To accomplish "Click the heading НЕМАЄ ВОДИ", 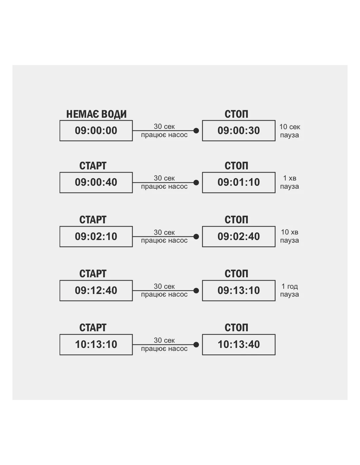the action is coord(96,114).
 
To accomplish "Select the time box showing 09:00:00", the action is coord(96,130).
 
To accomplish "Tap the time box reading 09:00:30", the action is coord(239,130).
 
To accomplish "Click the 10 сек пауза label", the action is coord(290,131).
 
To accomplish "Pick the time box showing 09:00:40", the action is coord(96,182).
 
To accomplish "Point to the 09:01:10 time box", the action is coord(239,182).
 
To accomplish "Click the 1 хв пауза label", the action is coord(290,182).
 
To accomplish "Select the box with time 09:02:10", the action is coord(96,236).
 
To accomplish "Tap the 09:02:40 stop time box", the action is coord(239,236).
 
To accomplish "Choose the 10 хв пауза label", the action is coord(290,236).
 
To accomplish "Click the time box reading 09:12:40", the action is coord(96,291).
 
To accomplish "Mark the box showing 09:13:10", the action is coord(239,291).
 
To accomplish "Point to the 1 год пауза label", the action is coord(290,290).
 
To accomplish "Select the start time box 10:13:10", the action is coord(96,345).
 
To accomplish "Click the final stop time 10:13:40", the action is coord(239,345).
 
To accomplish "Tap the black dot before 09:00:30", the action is coord(196,130).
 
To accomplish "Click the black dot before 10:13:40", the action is coord(196,345).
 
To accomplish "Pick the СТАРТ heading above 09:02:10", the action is coord(93,220).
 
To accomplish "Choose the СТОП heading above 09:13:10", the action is coord(236,274).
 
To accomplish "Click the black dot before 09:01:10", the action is coord(196,182).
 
